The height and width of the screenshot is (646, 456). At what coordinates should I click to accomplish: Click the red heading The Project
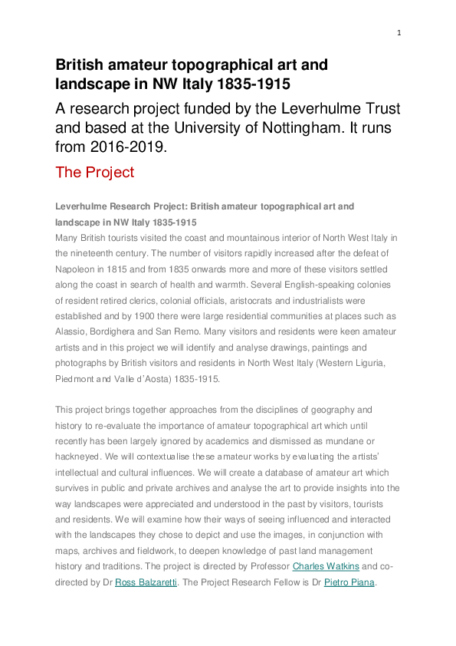94,172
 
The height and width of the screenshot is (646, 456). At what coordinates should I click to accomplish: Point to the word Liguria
378,362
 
